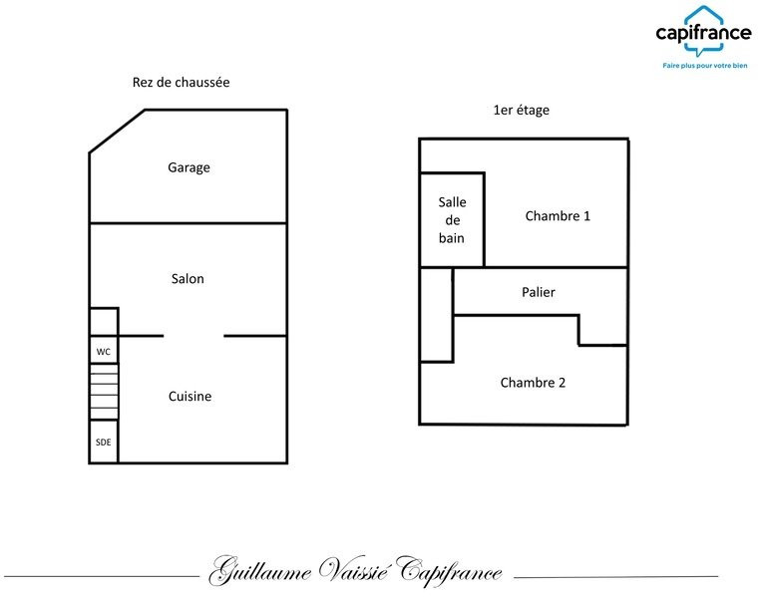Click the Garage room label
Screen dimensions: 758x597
click(189, 167)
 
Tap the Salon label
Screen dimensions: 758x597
click(188, 279)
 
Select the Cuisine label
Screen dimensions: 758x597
click(189, 396)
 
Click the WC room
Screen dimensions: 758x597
click(104, 350)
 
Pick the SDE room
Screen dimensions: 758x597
click(104, 442)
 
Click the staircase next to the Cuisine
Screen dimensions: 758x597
click(104, 392)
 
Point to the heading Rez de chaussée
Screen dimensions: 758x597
click(181, 82)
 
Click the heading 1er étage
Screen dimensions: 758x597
click(521, 110)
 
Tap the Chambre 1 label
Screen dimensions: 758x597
click(558, 216)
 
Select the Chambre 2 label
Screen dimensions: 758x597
click(533, 383)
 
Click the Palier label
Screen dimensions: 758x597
click(538, 292)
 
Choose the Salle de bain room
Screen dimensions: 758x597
click(452, 220)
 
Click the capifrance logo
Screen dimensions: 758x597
click(703, 32)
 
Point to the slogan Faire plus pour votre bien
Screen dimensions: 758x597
click(705, 66)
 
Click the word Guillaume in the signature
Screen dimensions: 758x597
click(260, 571)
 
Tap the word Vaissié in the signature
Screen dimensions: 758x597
click(353, 570)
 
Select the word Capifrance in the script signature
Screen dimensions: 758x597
click(449, 571)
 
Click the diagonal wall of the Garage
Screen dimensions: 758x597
click(117, 132)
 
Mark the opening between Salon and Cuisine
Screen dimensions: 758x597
click(193, 336)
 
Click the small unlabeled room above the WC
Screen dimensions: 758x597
click(104, 322)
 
